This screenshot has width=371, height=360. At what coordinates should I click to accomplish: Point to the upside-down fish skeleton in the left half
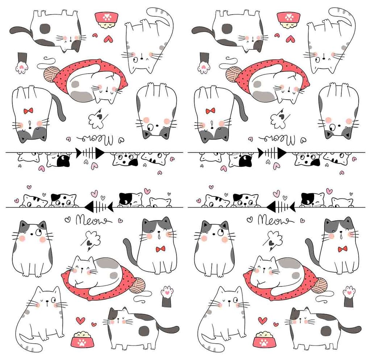coord(90,153)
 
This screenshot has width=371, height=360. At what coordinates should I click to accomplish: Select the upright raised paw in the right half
coord(349,295)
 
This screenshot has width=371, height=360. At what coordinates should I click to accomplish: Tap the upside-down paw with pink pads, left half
coord(22,64)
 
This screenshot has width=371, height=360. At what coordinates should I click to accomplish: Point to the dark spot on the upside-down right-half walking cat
coord(227,29)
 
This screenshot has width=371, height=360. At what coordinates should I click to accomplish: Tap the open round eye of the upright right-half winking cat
coord(236,300)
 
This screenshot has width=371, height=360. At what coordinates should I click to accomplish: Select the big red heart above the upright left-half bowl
coord(80,320)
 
